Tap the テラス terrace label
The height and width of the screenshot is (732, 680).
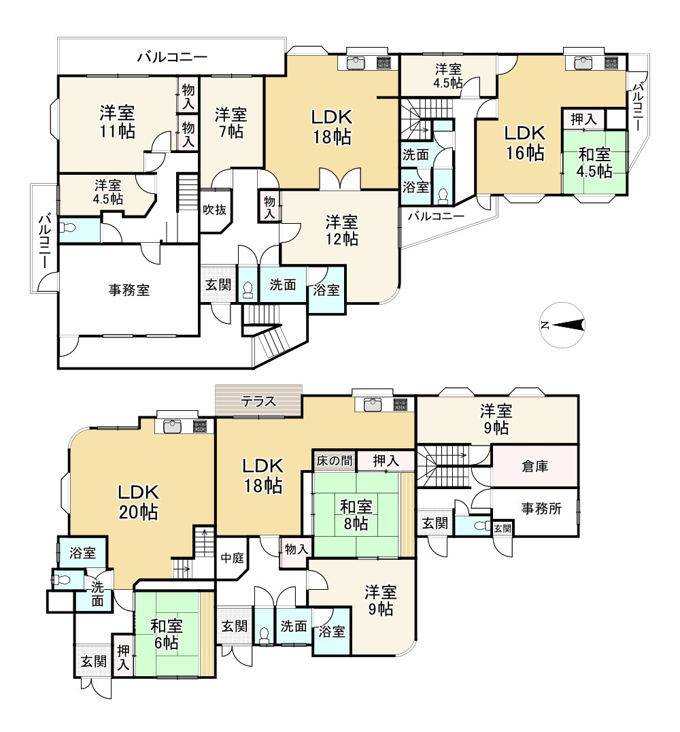[258, 401]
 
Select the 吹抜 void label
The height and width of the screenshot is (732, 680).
[215, 210]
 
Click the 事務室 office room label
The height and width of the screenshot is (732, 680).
[129, 290]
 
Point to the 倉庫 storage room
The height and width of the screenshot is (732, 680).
[535, 466]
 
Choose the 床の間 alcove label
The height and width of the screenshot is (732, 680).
[334, 461]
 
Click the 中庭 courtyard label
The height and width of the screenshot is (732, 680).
[233, 557]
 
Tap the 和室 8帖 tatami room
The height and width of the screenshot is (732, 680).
[356, 515]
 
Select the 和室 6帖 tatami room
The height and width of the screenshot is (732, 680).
[167, 634]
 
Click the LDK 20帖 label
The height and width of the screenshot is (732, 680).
[138, 502]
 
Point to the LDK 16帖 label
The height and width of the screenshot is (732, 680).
[525, 142]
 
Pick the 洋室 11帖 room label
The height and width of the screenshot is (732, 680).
[117, 122]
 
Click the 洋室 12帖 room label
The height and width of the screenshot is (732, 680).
[342, 230]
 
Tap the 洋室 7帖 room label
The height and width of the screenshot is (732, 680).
[231, 122]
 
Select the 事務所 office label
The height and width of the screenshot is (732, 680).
[541, 508]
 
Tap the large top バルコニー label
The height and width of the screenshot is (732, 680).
[172, 57]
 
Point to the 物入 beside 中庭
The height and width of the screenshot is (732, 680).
[296, 549]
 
